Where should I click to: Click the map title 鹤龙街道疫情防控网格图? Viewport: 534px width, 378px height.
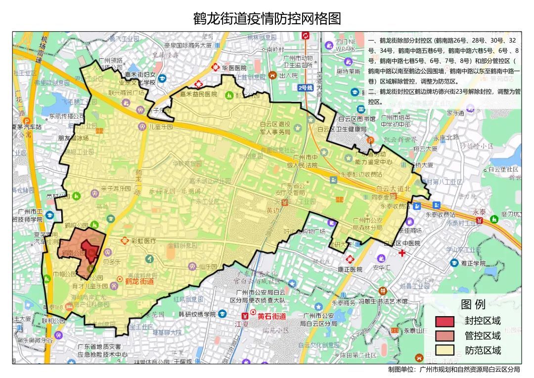[x=267, y=19]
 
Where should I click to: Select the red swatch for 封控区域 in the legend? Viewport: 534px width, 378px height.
[x=445, y=321]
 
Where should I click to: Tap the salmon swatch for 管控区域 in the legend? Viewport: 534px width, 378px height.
[x=445, y=336]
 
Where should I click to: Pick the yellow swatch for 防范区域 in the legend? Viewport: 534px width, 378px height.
[x=445, y=351]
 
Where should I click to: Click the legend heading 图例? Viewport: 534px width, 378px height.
[x=473, y=304]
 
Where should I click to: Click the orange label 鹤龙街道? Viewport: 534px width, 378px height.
[x=139, y=282]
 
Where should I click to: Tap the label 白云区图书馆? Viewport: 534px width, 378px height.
[x=356, y=119]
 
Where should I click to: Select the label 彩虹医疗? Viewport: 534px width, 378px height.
[x=143, y=241]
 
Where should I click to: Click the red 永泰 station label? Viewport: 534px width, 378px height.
[x=479, y=212]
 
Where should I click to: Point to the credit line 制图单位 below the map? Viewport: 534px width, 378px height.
[x=454, y=370]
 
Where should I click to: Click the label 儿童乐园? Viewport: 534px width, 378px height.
[x=161, y=127]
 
